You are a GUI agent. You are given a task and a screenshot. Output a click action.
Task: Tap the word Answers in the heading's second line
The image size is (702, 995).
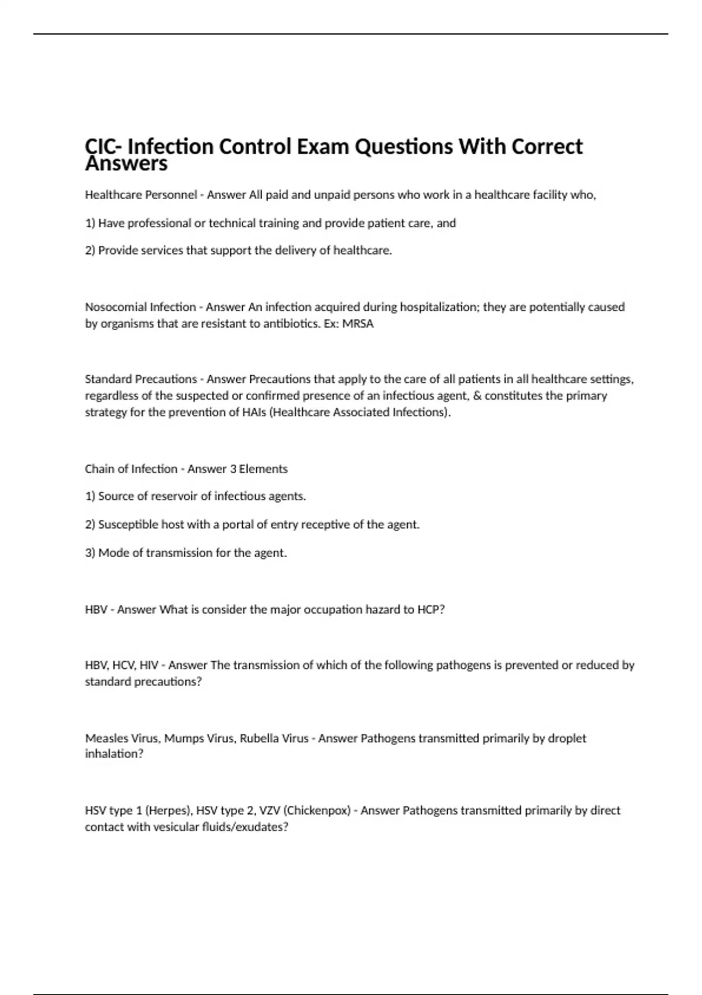point(126,164)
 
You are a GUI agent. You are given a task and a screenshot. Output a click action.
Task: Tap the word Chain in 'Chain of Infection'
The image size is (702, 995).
point(98,469)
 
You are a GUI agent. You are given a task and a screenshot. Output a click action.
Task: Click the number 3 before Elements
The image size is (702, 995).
point(232,469)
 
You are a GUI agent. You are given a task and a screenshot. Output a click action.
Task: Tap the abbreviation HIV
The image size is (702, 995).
point(149,665)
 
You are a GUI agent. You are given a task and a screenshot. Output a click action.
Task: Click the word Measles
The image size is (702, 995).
point(105,738)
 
